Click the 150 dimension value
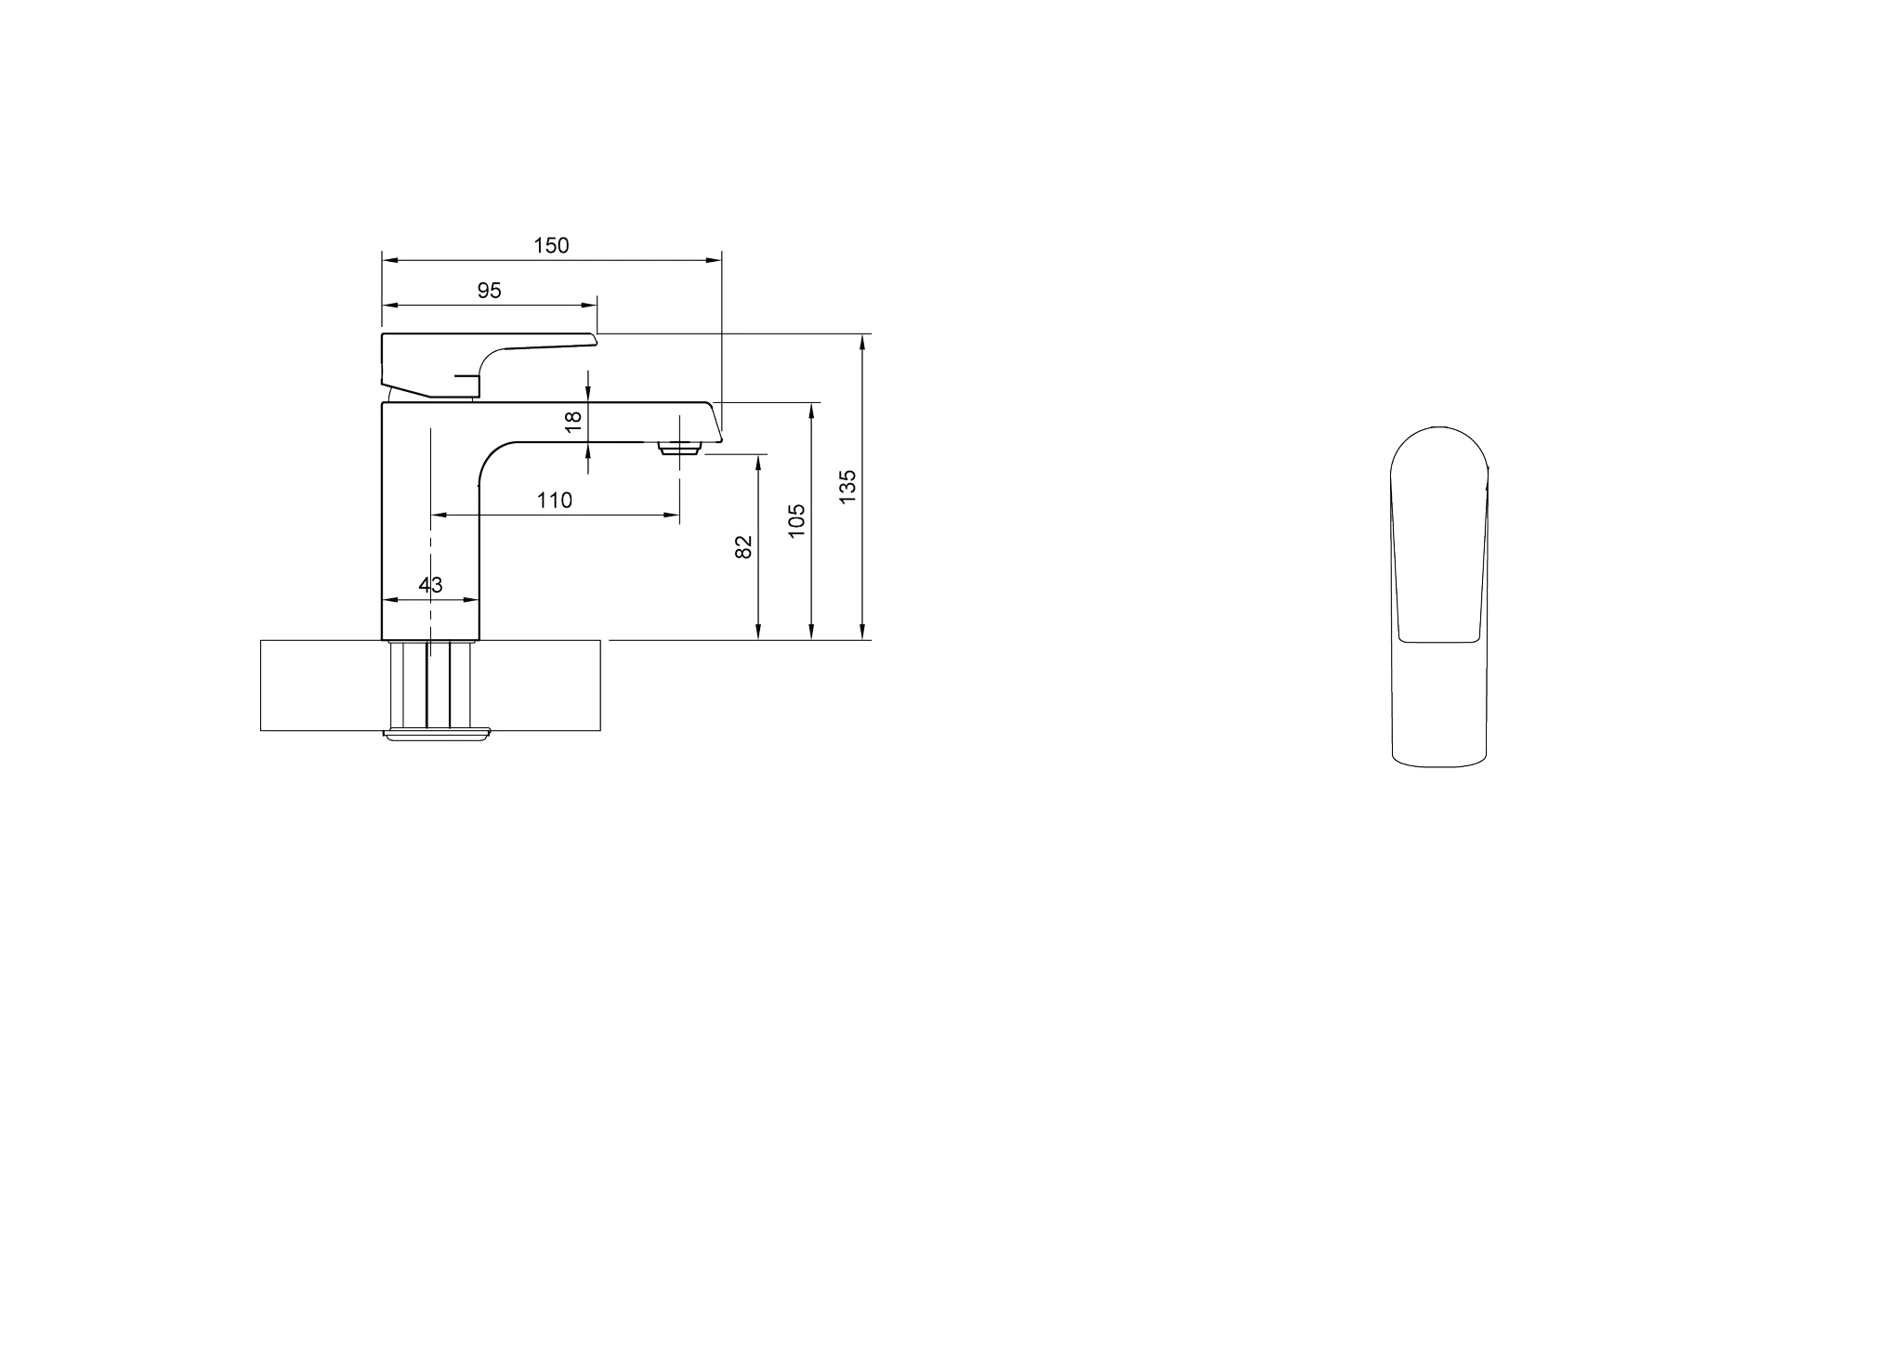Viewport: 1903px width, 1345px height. (x=551, y=245)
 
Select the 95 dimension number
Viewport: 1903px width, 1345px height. (x=490, y=291)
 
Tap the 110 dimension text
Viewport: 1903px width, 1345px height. (x=555, y=501)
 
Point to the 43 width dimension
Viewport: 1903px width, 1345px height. (x=430, y=585)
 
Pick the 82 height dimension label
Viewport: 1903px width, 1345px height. (x=743, y=547)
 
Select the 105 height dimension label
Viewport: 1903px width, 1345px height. (x=796, y=522)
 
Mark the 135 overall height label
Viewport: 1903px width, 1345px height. (x=847, y=488)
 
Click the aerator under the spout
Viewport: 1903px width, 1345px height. (x=680, y=449)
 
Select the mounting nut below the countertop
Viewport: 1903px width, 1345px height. (x=436, y=735)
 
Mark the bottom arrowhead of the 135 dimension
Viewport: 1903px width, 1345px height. (x=863, y=631)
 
